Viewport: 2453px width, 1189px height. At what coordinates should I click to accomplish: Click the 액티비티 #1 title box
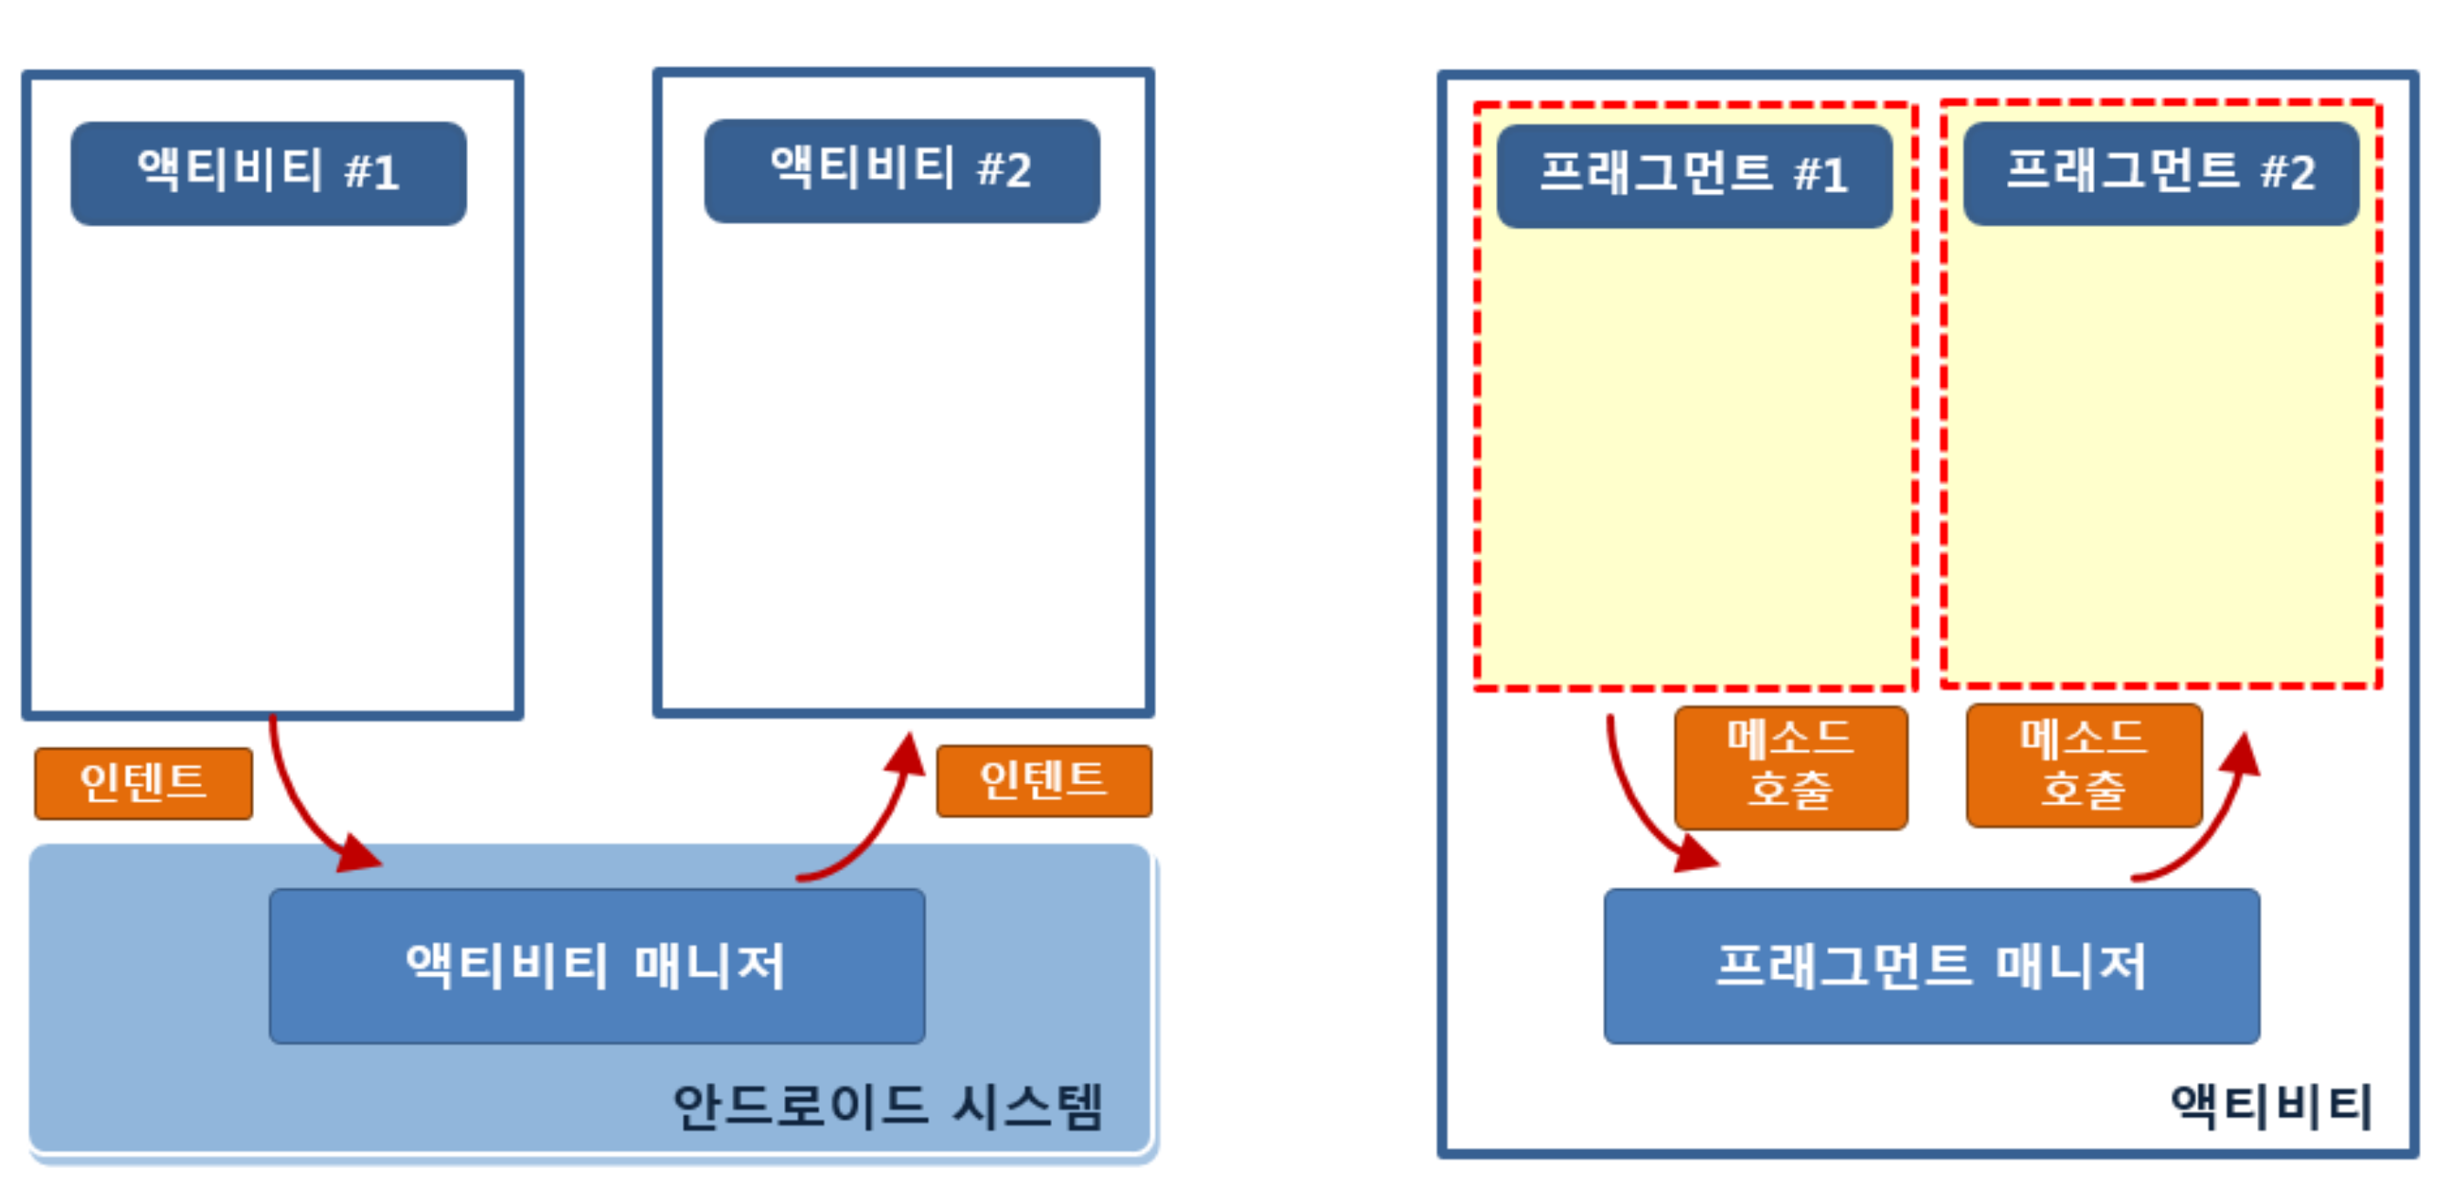tap(269, 174)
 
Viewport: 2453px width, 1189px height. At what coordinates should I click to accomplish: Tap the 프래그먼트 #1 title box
tap(1694, 176)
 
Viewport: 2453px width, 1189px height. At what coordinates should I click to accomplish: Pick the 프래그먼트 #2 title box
tap(2160, 174)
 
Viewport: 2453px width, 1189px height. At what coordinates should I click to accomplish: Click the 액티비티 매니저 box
tap(596, 966)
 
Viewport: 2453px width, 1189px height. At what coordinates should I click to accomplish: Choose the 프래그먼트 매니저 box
tap(1931, 966)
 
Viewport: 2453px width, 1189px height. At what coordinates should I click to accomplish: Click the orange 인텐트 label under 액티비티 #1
tap(143, 783)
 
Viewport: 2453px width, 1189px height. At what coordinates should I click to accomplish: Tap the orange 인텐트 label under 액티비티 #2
tap(1044, 781)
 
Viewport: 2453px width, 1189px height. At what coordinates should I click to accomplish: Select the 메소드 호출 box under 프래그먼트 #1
tap(1790, 768)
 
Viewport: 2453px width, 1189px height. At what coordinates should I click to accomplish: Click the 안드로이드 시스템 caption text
tap(887, 1107)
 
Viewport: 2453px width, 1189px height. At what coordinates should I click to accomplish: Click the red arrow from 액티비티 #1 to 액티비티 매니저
tap(303, 809)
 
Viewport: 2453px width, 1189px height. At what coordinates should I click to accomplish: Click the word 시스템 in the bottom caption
tap(1028, 1107)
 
